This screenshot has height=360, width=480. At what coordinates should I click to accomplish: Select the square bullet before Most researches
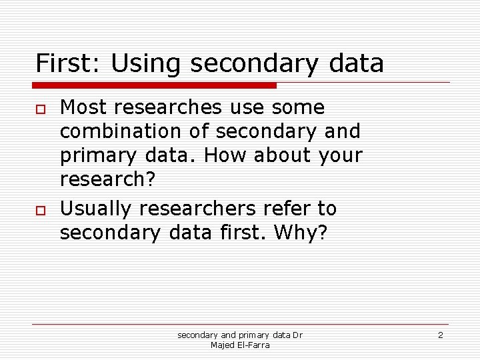[40, 108]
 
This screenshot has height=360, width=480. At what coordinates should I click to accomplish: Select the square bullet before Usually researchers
[40, 209]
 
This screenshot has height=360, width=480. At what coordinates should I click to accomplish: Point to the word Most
[81, 107]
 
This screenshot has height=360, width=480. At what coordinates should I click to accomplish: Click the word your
[340, 155]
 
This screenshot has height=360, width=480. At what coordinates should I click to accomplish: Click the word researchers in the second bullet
[199, 209]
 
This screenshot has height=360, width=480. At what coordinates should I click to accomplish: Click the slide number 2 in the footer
[440, 335]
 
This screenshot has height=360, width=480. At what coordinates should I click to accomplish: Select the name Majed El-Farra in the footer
[240, 345]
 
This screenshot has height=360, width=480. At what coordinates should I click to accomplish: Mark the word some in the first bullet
[297, 107]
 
